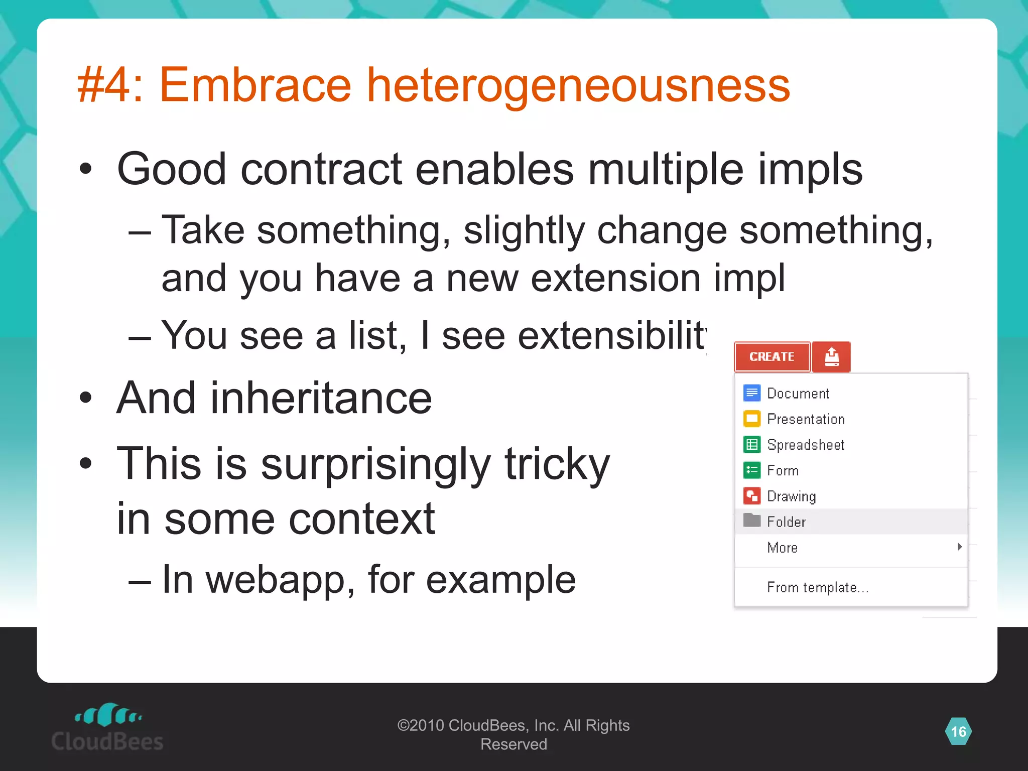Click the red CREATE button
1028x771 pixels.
772,357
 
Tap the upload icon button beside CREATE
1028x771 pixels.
831,357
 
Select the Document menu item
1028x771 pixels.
798,394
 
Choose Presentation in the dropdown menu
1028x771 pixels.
806,419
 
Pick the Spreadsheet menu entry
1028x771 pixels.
806,445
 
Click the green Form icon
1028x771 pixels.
751,470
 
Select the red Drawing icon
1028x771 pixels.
751,496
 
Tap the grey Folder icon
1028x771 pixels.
751,521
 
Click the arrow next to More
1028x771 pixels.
959,547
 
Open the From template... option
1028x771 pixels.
817,587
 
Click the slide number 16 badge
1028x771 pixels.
958,732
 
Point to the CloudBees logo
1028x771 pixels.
107,728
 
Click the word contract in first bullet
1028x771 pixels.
321,170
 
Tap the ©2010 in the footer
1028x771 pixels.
421,725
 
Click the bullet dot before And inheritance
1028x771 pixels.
86,398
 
